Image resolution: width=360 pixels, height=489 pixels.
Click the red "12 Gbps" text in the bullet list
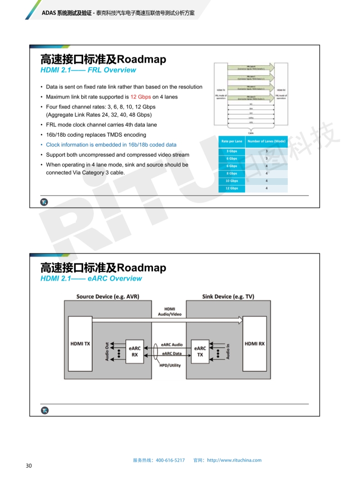[x=141, y=97]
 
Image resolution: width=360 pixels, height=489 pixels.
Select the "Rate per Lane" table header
[x=232, y=141]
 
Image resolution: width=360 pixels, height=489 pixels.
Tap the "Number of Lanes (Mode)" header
[x=266, y=141]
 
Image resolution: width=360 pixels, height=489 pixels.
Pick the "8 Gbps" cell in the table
[x=232, y=173]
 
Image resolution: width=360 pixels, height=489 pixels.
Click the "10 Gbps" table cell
[x=232, y=181]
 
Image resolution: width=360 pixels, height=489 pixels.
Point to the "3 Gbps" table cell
[x=232, y=151]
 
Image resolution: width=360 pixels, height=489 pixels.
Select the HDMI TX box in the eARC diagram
[x=80, y=344]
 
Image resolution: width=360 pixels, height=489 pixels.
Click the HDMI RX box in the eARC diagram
[x=254, y=344]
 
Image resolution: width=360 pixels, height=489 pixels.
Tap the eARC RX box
[x=134, y=351]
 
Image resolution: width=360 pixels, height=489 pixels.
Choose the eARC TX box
[x=200, y=351]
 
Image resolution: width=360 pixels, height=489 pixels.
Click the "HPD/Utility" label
[x=170, y=365]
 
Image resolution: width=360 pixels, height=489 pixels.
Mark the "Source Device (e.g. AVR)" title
[x=108, y=296]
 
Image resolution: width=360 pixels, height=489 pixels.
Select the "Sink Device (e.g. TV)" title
[x=228, y=296]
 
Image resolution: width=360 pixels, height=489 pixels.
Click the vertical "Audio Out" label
[x=107, y=351]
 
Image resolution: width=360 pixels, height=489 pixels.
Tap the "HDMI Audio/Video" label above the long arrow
[x=170, y=311]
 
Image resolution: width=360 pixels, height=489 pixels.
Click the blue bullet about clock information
[x=111, y=145]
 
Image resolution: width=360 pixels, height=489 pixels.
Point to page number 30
[x=29, y=466]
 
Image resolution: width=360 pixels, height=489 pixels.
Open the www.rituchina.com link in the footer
[x=234, y=460]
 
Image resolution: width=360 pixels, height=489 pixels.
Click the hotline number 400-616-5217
[x=170, y=460]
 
